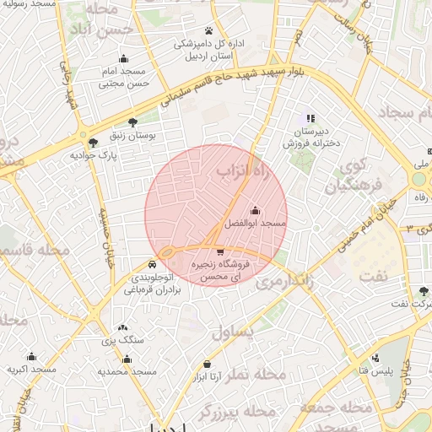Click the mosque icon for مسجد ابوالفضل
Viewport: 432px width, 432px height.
pyautogui.click(x=256, y=211)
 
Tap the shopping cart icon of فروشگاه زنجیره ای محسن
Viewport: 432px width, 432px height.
pyautogui.click(x=220, y=251)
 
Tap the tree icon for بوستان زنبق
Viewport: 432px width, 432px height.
pyautogui.click(x=132, y=122)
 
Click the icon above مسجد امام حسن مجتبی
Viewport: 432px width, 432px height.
pyautogui.click(x=124, y=58)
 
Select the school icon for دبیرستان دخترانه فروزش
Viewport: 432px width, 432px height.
pyautogui.click(x=310, y=118)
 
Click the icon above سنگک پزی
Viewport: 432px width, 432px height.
pyautogui.click(x=123, y=327)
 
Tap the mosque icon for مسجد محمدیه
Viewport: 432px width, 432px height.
pyautogui.click(x=127, y=359)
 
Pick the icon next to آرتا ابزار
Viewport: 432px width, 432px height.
pyautogui.click(x=208, y=364)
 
